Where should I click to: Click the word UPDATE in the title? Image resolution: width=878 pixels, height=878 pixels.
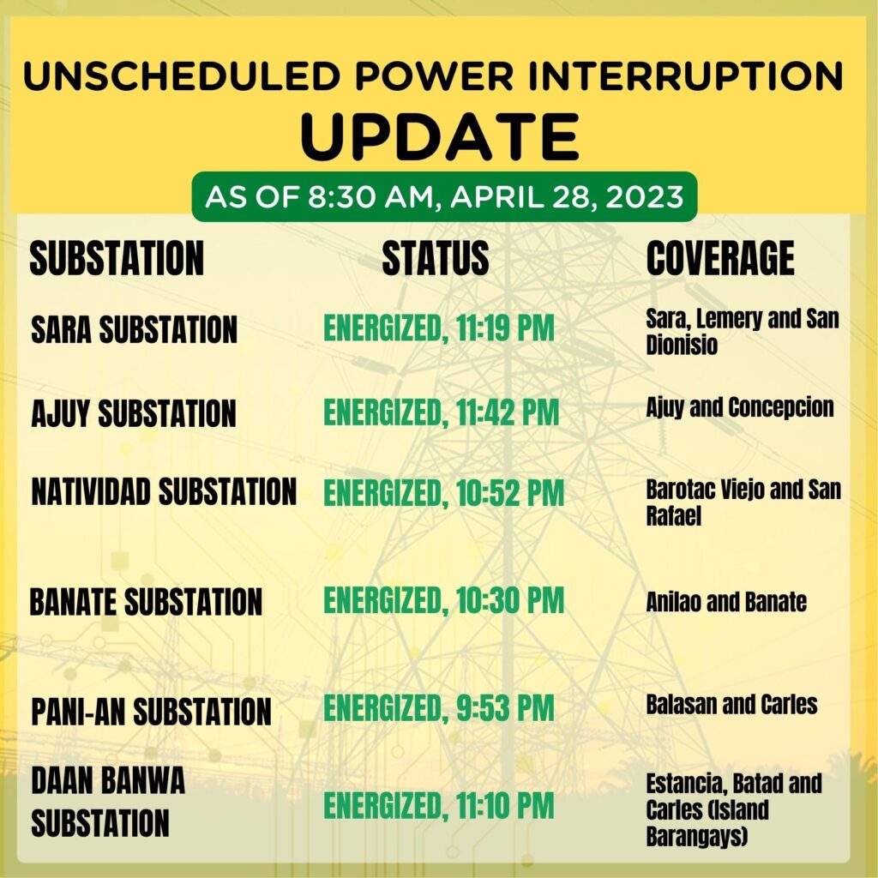440,136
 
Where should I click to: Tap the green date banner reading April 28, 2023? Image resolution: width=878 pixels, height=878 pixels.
444,196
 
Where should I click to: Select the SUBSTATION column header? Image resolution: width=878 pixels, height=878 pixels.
117,258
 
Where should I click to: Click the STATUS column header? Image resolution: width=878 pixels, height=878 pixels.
436,258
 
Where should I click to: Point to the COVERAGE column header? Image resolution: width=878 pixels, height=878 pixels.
720,258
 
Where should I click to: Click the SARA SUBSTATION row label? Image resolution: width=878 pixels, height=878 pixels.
135,329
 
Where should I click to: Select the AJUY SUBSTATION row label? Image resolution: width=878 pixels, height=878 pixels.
134,413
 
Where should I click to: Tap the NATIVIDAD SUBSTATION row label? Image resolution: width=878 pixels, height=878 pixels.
164,491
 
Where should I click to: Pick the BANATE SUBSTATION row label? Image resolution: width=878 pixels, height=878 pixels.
146,602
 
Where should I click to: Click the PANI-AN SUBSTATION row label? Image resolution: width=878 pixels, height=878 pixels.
151,712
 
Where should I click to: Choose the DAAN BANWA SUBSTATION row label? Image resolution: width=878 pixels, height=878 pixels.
108,802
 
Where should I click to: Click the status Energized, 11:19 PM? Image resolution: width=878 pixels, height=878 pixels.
439,328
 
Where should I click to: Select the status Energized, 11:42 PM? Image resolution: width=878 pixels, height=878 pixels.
442,412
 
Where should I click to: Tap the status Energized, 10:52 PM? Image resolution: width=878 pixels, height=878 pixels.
444,493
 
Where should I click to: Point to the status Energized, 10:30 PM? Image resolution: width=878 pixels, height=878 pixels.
444,601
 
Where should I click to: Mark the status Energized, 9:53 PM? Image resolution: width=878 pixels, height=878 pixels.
439,708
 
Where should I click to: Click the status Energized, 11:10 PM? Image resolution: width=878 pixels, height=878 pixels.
439,806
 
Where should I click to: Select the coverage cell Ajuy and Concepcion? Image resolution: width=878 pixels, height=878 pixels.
740,407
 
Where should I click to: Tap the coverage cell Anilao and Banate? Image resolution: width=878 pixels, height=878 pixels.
726,602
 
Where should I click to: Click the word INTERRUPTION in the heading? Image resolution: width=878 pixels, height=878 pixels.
685,76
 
